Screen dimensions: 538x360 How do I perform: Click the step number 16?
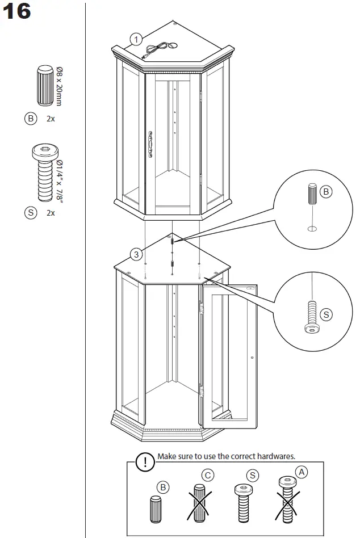click(x=17, y=12)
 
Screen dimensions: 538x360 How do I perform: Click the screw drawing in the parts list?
click(x=44, y=173)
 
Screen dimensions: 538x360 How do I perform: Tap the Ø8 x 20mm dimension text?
click(x=59, y=86)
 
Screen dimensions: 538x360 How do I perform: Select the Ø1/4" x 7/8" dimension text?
click(x=60, y=179)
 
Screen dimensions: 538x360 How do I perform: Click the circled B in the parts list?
click(x=30, y=119)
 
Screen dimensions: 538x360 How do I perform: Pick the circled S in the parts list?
click(x=30, y=213)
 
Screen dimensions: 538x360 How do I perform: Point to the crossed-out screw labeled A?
click(x=287, y=499)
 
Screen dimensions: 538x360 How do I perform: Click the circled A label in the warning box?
click(x=302, y=471)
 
